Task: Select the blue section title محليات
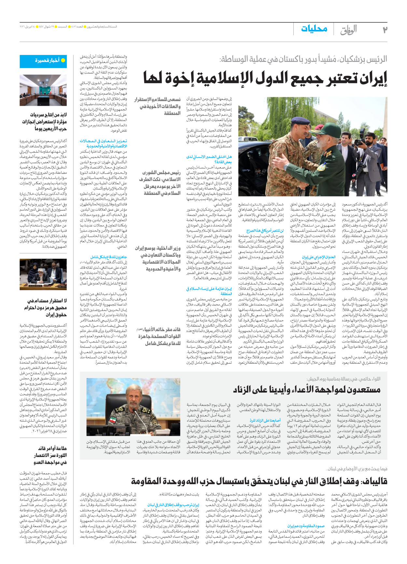314,29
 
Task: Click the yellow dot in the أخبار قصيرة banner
63,60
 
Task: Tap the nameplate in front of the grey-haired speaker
36,286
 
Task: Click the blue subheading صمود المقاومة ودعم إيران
306,526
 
